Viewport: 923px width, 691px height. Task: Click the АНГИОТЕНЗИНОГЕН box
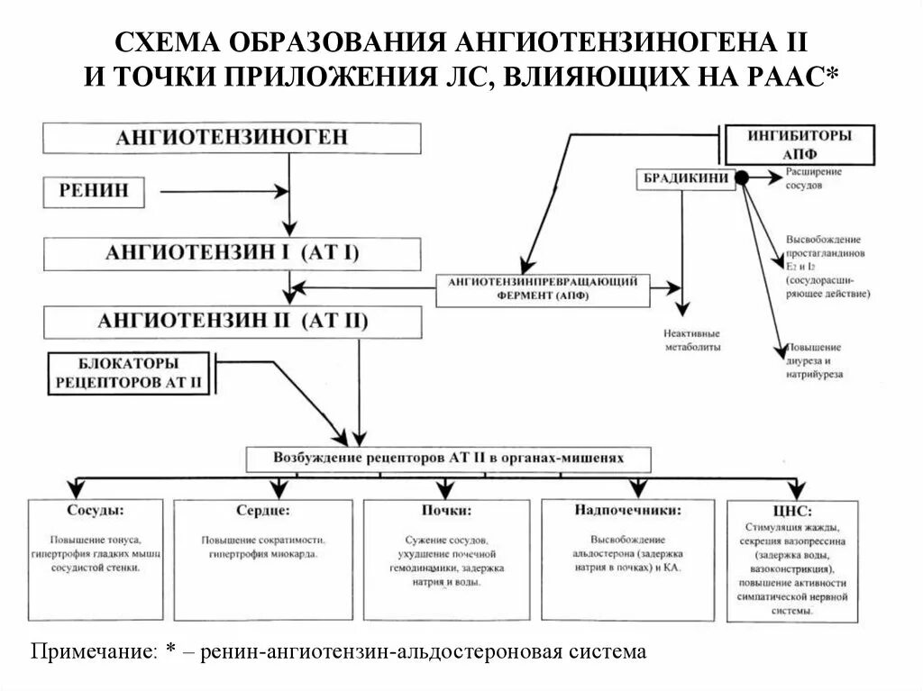232,139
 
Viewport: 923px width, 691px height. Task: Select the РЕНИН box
95,190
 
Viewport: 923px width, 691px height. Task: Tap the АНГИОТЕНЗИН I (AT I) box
232,252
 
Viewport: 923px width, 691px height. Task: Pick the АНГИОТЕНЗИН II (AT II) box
232,321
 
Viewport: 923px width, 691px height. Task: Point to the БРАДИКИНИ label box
685,178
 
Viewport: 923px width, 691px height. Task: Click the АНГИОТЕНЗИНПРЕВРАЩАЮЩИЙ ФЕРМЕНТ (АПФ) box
537,288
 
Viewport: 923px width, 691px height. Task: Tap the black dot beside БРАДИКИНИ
742,178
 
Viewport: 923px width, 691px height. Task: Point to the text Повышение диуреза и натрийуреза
814,360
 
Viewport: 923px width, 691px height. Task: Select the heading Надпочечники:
627,510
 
